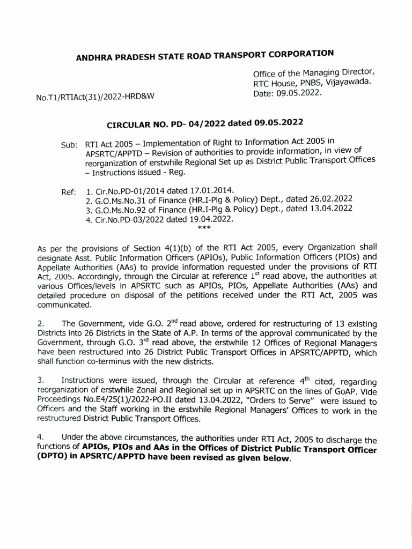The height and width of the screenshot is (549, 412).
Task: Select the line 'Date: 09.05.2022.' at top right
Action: click(x=288, y=93)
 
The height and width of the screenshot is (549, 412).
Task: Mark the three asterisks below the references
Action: click(x=204, y=229)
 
